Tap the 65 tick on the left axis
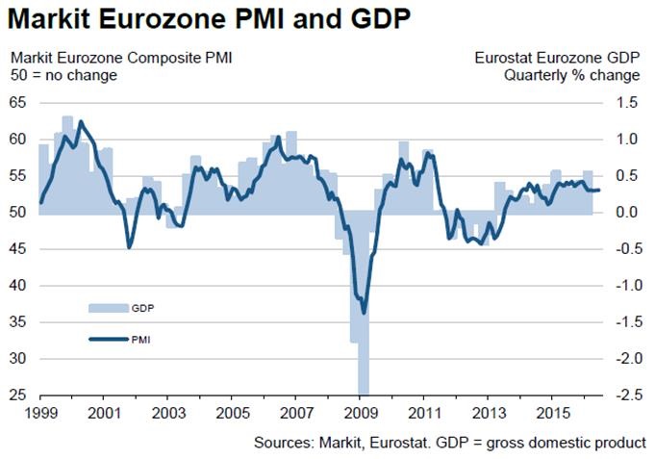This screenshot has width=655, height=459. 17,102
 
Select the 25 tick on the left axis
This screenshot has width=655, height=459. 17,395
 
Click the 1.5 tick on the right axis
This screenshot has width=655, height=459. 630,102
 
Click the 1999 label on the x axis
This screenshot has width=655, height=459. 38,414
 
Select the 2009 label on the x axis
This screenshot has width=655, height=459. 360,414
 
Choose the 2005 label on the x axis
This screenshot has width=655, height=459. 231,414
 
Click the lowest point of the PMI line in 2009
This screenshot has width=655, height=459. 364,313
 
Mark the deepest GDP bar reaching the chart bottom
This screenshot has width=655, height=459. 363,385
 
